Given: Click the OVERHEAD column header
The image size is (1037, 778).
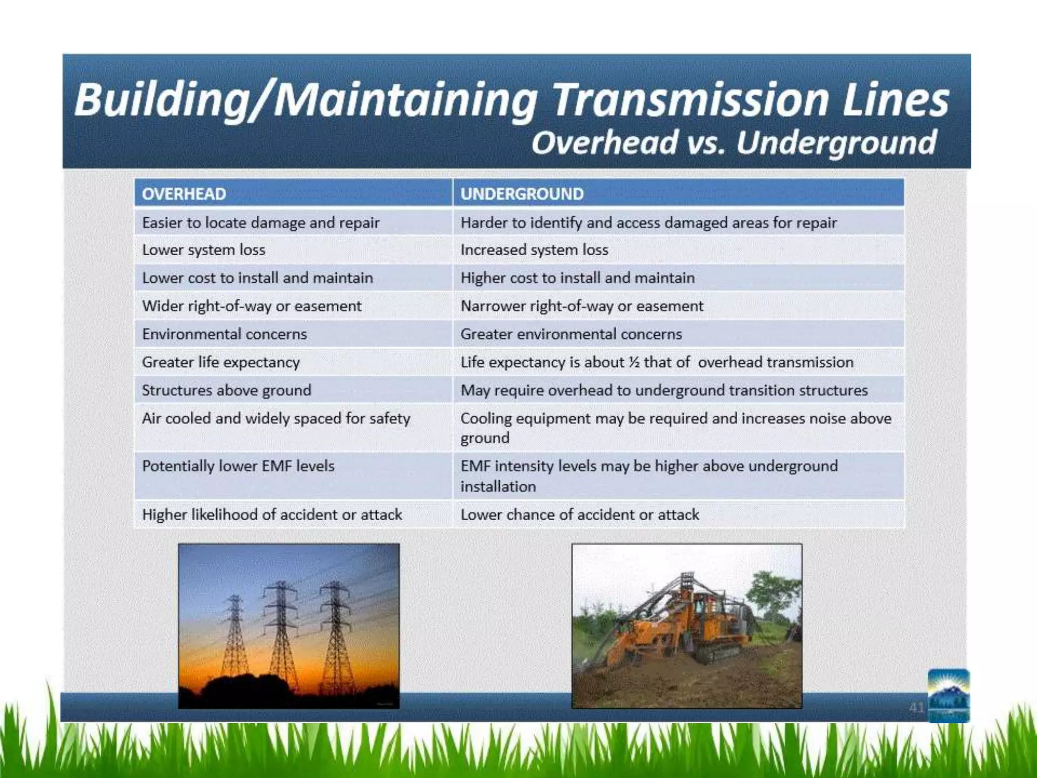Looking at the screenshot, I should point(184,194).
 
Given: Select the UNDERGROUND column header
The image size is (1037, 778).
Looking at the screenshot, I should point(522,194).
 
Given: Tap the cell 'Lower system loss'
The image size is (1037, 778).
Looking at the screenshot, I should point(204,250).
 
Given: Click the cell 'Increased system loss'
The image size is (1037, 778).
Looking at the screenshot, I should point(534,250).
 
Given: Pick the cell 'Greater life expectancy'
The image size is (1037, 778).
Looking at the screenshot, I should point(221,362).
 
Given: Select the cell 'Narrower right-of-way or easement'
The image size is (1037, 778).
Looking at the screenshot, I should point(582,306).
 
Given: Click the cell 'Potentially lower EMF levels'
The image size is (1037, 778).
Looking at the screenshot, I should point(238,466).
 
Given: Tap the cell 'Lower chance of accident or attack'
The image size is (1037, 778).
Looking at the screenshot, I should point(579,515).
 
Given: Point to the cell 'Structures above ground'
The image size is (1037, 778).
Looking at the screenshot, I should point(226,391).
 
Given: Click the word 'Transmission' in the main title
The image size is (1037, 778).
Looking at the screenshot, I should point(689,99).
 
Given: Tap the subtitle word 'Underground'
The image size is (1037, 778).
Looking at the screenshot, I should point(836,143).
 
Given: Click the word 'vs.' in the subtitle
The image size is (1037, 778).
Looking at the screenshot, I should point(706,143).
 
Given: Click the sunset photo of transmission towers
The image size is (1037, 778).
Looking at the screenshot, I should point(289,626).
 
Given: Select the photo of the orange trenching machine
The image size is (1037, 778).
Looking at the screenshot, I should point(687,626).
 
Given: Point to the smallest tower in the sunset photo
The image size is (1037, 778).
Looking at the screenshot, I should point(234,638).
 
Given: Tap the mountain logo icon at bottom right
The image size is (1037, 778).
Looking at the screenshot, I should point(948,695).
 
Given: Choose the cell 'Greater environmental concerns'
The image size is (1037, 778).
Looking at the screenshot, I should point(571,334).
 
